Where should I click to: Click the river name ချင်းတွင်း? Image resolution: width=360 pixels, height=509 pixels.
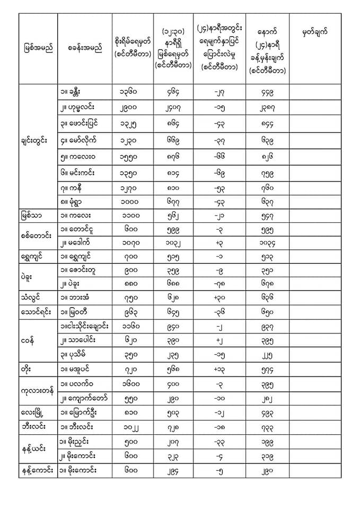pyautogui.click(x=38, y=140)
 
